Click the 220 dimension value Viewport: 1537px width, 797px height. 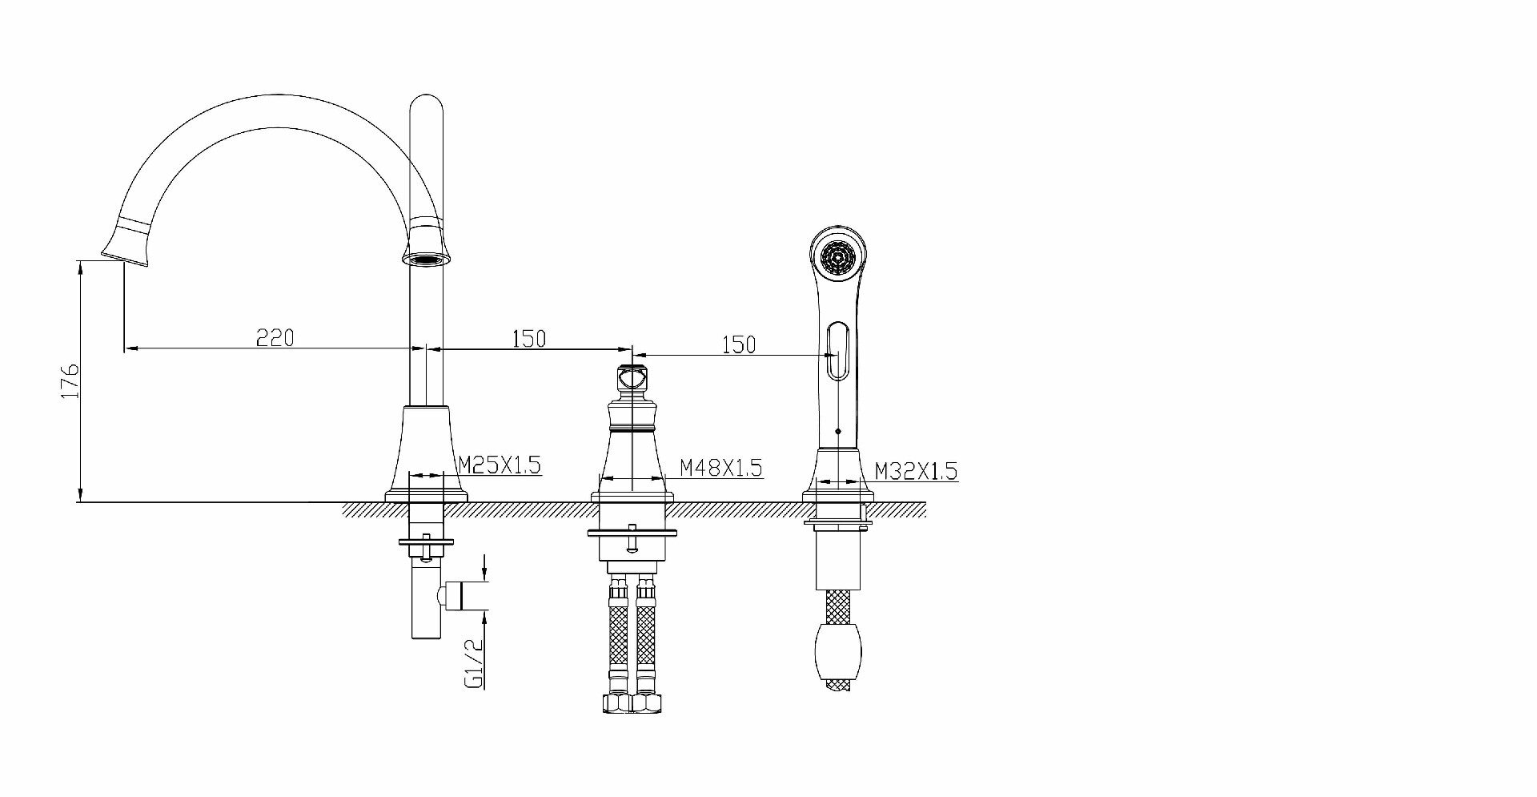pos(275,338)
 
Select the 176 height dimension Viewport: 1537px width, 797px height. pos(70,380)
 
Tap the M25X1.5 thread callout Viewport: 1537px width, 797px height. pos(500,465)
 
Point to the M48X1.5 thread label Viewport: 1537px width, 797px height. pos(720,467)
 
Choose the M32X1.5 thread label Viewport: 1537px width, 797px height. pos(915,471)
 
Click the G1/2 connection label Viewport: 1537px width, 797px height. pos(473,663)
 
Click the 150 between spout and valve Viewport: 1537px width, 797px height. pos(528,339)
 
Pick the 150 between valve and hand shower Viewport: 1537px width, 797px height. pos(739,344)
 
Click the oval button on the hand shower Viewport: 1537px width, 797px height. pos(837,350)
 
